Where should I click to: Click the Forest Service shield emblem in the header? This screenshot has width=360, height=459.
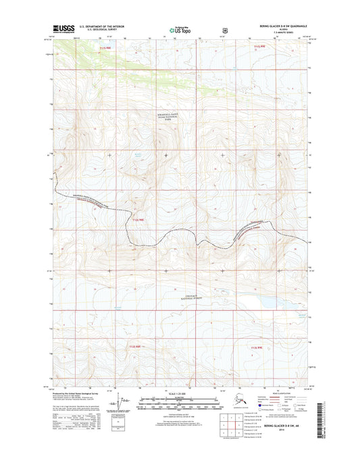point(226,29)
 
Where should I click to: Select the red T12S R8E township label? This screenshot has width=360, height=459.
point(138,220)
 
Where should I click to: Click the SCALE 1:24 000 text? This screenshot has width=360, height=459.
point(180,395)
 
